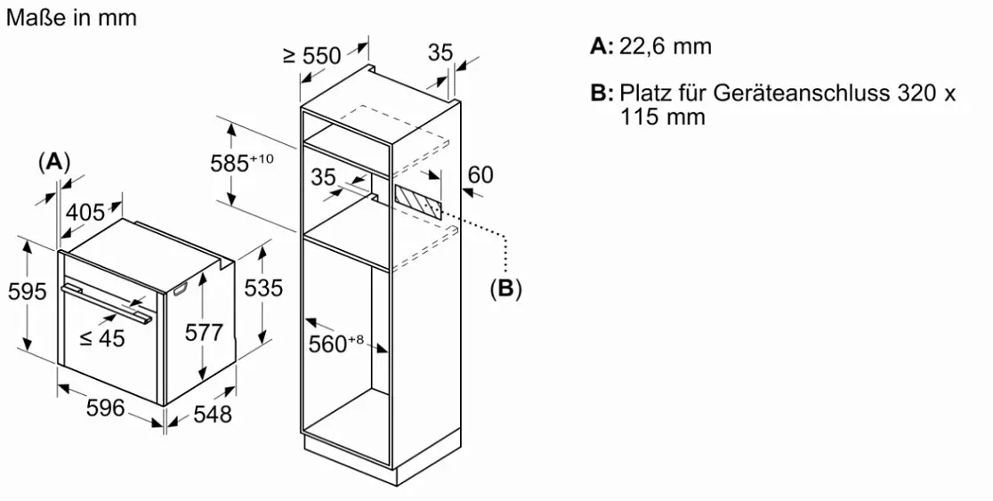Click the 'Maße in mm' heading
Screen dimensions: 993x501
click(x=71, y=17)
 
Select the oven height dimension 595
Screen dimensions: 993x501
click(x=27, y=291)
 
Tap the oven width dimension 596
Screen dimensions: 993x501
click(x=105, y=408)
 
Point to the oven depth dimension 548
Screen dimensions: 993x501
click(x=212, y=414)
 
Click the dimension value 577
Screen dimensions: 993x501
click(x=204, y=332)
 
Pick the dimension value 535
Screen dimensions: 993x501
click(x=263, y=288)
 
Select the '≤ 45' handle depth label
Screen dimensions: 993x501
click(x=102, y=339)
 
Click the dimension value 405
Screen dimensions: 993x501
click(x=85, y=212)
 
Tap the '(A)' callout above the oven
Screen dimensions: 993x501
click(x=53, y=162)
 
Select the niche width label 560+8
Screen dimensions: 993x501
click(x=335, y=343)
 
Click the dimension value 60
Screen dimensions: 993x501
click(x=480, y=174)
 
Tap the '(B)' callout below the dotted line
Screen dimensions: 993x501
click(x=505, y=289)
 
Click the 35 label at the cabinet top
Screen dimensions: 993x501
click(x=440, y=52)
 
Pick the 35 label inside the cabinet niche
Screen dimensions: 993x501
click(x=324, y=177)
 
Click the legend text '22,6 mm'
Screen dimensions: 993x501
click(x=665, y=47)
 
